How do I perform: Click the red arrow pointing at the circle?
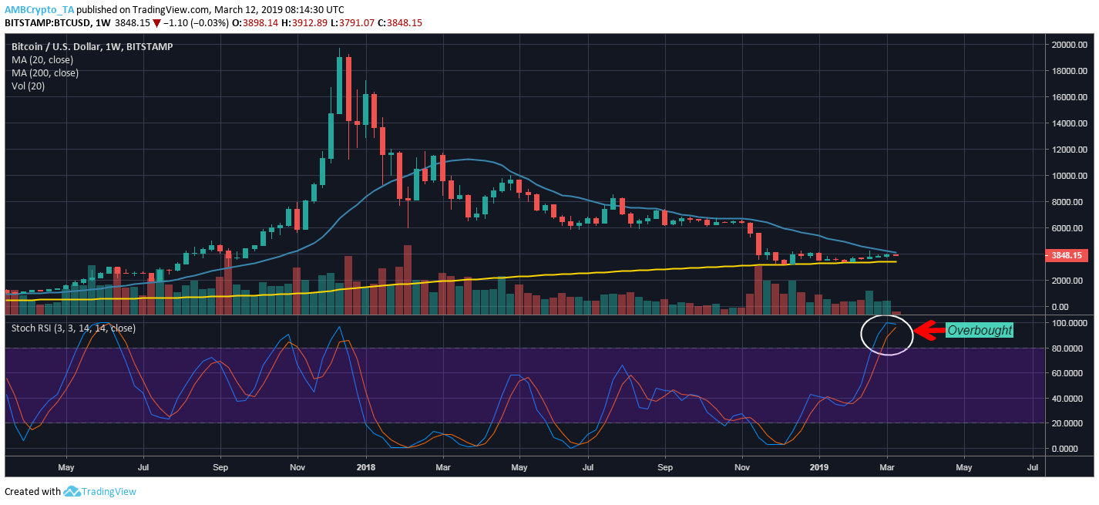pyautogui.click(x=929, y=330)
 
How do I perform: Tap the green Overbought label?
pyautogui.click(x=980, y=330)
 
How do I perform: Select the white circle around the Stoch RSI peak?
pyautogui.click(x=887, y=335)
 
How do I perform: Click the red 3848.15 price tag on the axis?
pyautogui.click(x=1066, y=255)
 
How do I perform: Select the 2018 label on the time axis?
pyautogui.click(x=366, y=467)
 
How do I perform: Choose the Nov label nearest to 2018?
pyautogui.click(x=297, y=467)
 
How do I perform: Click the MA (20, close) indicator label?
pyautogui.click(x=45, y=59)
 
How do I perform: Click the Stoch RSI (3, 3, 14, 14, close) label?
pyautogui.click(x=73, y=328)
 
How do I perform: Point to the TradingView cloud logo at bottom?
pyautogui.click(x=72, y=491)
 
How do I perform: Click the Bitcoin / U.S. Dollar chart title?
pyautogui.click(x=92, y=46)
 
